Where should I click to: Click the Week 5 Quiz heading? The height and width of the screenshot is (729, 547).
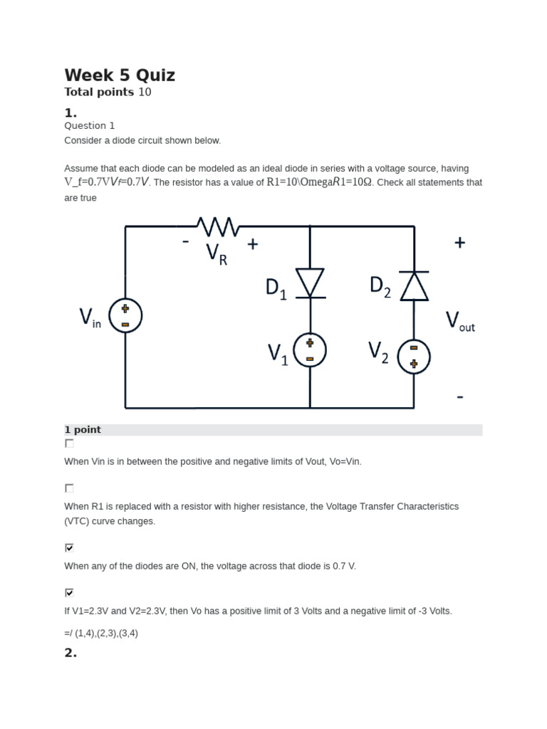point(120,75)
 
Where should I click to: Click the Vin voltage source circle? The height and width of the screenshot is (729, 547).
point(125,315)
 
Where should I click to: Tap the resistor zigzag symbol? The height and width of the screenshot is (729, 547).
point(218,226)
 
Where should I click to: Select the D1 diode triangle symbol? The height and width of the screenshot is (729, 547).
point(310,283)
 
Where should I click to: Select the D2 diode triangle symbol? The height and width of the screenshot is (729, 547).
point(414,285)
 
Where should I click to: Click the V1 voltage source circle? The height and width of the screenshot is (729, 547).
point(310,350)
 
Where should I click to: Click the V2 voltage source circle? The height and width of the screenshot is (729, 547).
point(414,355)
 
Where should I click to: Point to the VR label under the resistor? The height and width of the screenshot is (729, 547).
point(217,253)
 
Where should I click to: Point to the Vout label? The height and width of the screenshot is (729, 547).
point(460,322)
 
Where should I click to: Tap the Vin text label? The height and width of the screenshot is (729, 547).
point(90,318)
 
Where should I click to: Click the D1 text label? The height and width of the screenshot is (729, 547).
point(276,288)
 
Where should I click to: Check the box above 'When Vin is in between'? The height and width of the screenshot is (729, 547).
point(69,444)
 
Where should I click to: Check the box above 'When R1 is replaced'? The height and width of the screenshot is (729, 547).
point(69,488)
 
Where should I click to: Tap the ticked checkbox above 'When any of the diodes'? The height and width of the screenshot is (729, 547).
point(69,547)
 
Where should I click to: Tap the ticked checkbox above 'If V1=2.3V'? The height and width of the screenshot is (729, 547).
point(69,592)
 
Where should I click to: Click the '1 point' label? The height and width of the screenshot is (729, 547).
point(83,430)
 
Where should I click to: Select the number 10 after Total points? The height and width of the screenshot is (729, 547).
point(145,92)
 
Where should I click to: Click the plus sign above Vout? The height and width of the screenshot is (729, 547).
point(460,243)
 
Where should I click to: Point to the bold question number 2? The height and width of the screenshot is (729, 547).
point(71,653)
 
